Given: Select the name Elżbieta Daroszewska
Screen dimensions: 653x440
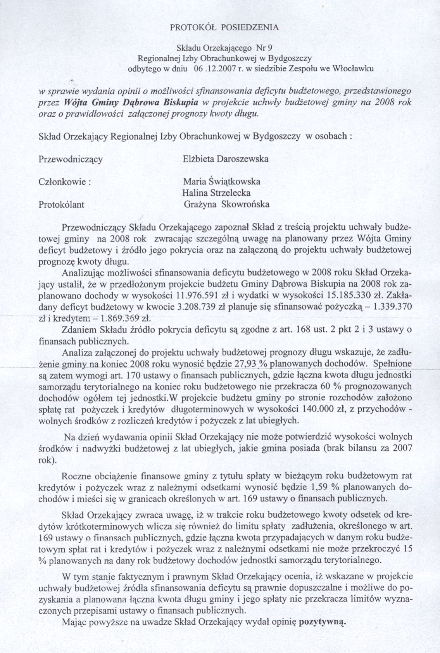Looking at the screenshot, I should click(x=226, y=159).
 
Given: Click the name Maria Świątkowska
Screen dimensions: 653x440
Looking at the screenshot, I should click(x=222, y=181).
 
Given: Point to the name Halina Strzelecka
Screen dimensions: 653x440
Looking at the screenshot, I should click(x=216, y=193).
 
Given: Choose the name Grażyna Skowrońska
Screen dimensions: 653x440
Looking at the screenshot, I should click(x=226, y=205).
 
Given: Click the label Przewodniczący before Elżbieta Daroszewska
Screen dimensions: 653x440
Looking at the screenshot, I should click(x=71, y=159).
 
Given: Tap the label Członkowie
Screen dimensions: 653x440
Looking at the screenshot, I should click(x=65, y=182).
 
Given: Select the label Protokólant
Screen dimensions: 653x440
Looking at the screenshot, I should click(x=62, y=205).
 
